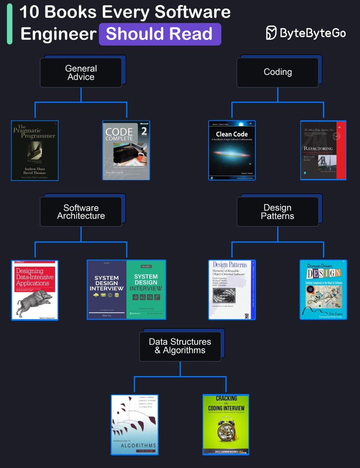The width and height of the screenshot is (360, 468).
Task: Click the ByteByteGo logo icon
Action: click(x=271, y=33)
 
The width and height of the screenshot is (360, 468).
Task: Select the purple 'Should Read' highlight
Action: click(x=160, y=34)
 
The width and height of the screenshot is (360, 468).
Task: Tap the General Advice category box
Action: click(x=81, y=73)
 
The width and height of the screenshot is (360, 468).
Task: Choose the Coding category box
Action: click(x=278, y=72)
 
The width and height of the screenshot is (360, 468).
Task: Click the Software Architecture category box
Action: click(x=81, y=212)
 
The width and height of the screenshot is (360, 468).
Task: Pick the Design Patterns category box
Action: click(x=278, y=212)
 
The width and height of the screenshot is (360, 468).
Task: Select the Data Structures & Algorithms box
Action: click(x=180, y=346)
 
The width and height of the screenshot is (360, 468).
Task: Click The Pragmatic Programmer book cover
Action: click(x=35, y=151)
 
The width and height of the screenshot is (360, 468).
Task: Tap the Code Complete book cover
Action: click(x=126, y=151)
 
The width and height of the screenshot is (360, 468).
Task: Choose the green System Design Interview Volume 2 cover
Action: click(x=146, y=290)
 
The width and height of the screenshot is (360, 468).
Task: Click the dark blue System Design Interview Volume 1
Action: click(x=107, y=290)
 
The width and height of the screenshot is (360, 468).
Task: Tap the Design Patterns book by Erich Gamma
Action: click(x=232, y=290)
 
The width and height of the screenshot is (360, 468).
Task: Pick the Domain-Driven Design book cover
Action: click(x=323, y=290)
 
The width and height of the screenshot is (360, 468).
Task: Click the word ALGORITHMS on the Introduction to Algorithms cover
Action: click(x=135, y=445)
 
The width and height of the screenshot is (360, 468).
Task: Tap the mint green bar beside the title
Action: click(x=9, y=24)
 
